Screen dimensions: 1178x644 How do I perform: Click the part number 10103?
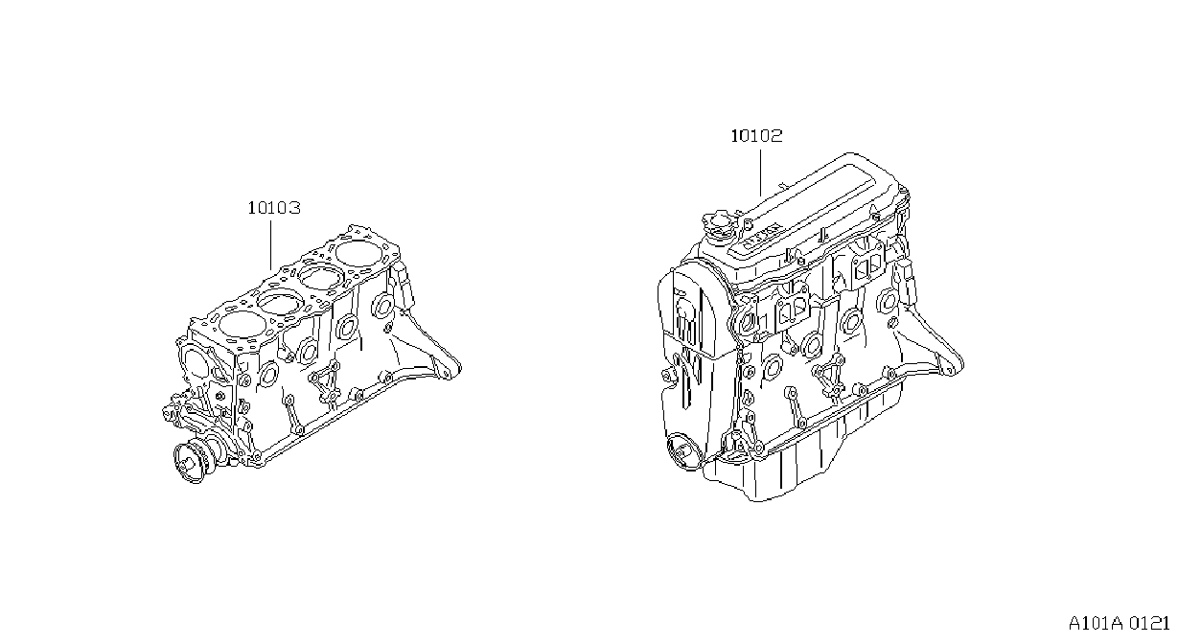(x=274, y=208)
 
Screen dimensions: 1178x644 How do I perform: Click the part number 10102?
(x=756, y=136)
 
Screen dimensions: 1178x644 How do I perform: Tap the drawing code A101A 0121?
(x=1119, y=624)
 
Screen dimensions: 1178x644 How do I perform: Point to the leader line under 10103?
(x=271, y=245)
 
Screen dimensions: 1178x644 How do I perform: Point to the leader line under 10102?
(x=760, y=172)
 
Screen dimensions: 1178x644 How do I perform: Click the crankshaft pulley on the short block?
(x=191, y=463)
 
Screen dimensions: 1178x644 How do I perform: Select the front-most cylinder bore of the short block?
(x=239, y=325)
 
